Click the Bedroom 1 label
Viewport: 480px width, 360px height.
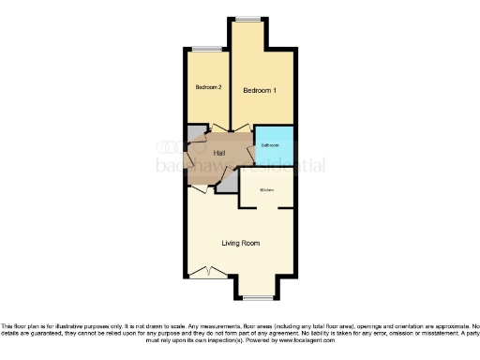pyautogui.click(x=260, y=91)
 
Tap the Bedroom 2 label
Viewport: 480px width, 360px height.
pyautogui.click(x=208, y=88)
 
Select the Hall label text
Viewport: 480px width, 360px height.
pyautogui.click(x=219, y=152)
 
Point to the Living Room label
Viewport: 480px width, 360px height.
pyautogui.click(x=240, y=243)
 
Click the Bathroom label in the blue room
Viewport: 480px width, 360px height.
pyautogui.click(x=271, y=145)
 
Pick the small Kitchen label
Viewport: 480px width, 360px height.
pyautogui.click(x=266, y=190)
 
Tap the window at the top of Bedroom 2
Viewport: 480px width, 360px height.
pyautogui.click(x=207, y=49)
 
